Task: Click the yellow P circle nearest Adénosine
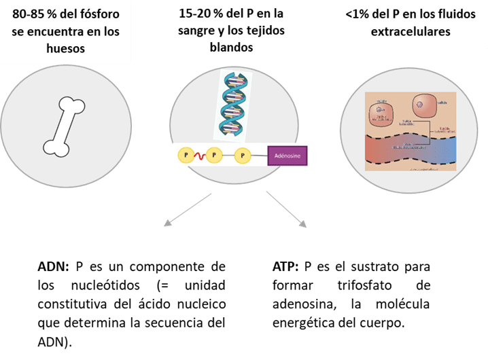(243, 156)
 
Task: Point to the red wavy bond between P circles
(198, 156)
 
